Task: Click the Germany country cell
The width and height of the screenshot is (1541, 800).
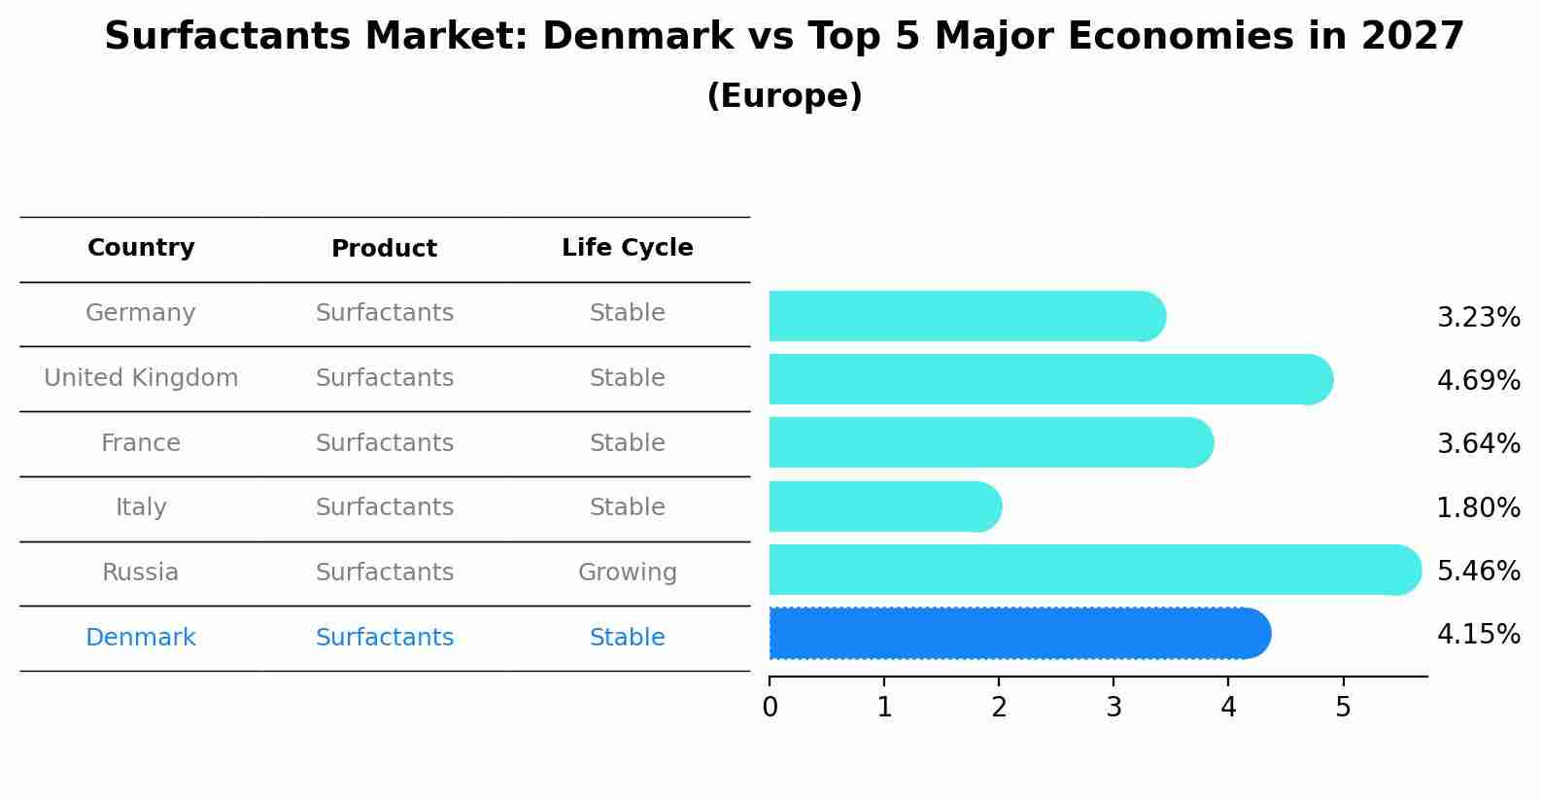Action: pyautogui.click(x=141, y=313)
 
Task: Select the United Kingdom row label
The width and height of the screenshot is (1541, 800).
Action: pyautogui.click(x=141, y=378)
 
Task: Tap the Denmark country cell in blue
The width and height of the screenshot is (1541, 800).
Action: pyautogui.click(x=141, y=638)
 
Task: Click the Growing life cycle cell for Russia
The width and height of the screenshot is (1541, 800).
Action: pyautogui.click(x=627, y=573)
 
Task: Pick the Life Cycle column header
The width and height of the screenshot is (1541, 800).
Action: pyautogui.click(x=627, y=248)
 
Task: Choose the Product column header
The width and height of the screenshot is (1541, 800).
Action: pyautogui.click(x=384, y=249)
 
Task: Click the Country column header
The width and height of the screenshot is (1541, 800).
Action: pyautogui.click(x=141, y=248)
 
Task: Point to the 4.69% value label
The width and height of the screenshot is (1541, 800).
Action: pyautogui.click(x=1478, y=381)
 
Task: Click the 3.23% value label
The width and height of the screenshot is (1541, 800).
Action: pyautogui.click(x=1478, y=318)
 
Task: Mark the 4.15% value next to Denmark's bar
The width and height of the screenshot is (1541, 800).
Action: pyautogui.click(x=1478, y=635)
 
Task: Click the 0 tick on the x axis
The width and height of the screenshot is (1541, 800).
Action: pyautogui.click(x=770, y=708)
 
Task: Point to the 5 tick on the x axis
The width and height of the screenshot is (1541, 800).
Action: pyautogui.click(x=1343, y=708)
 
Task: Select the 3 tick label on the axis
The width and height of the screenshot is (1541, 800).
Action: pyautogui.click(x=1113, y=708)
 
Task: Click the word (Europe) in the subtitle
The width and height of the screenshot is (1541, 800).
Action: pyautogui.click(x=784, y=96)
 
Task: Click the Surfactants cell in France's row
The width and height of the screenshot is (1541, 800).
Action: pyautogui.click(x=384, y=443)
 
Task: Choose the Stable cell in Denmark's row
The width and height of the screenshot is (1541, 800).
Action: pyautogui.click(x=627, y=638)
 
